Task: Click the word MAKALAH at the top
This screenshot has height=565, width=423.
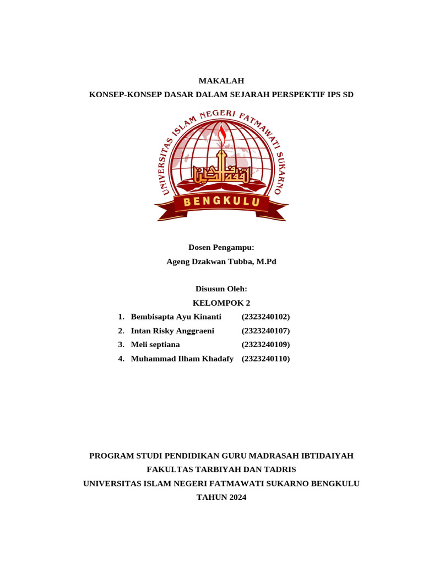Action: tap(221, 81)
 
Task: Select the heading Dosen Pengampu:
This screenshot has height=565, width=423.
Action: tap(221, 248)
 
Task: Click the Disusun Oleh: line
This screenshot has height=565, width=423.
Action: tap(221, 289)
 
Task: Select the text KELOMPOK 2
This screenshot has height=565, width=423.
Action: tap(221, 302)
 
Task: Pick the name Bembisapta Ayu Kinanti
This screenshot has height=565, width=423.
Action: tap(176, 317)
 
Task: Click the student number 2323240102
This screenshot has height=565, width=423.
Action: tap(265, 317)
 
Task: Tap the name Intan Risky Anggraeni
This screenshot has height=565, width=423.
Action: tap(172, 331)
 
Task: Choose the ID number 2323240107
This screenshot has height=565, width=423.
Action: tap(265, 331)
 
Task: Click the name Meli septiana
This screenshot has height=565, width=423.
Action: tap(155, 345)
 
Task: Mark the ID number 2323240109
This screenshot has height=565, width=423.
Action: tap(265, 345)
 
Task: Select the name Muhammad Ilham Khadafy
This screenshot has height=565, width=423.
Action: tap(182, 359)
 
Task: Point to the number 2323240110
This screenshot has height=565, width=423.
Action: tap(265, 359)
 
